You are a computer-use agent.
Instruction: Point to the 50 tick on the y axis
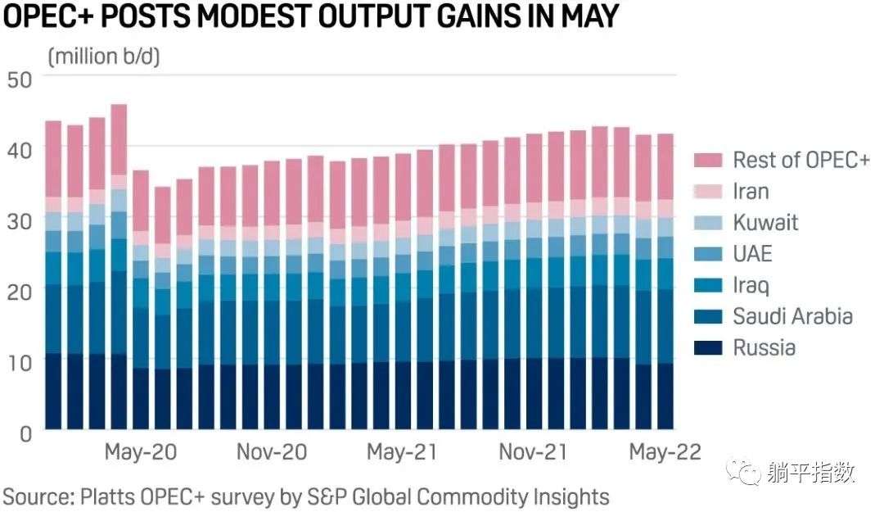coord(19,79)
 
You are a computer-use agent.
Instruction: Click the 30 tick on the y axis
coord(19,220)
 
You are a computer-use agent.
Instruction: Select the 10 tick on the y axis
coord(19,361)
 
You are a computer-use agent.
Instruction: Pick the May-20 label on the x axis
coord(141,452)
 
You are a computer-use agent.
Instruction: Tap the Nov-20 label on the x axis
coord(272,452)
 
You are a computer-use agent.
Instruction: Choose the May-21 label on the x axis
coord(402,452)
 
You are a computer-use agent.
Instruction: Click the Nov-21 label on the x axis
coord(533,452)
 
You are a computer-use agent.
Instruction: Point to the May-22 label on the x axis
coord(663,452)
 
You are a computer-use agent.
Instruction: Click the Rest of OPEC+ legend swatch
coord(706,160)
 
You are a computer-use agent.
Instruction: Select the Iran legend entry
coord(751,192)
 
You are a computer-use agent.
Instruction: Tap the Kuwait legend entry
coord(764,223)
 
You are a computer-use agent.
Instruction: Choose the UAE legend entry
coord(752,254)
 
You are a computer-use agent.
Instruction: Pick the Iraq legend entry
coord(751,286)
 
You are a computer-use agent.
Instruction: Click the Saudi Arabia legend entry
coord(781,317)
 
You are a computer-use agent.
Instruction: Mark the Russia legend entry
coord(764,348)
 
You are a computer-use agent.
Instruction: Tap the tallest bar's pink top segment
coord(119,139)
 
